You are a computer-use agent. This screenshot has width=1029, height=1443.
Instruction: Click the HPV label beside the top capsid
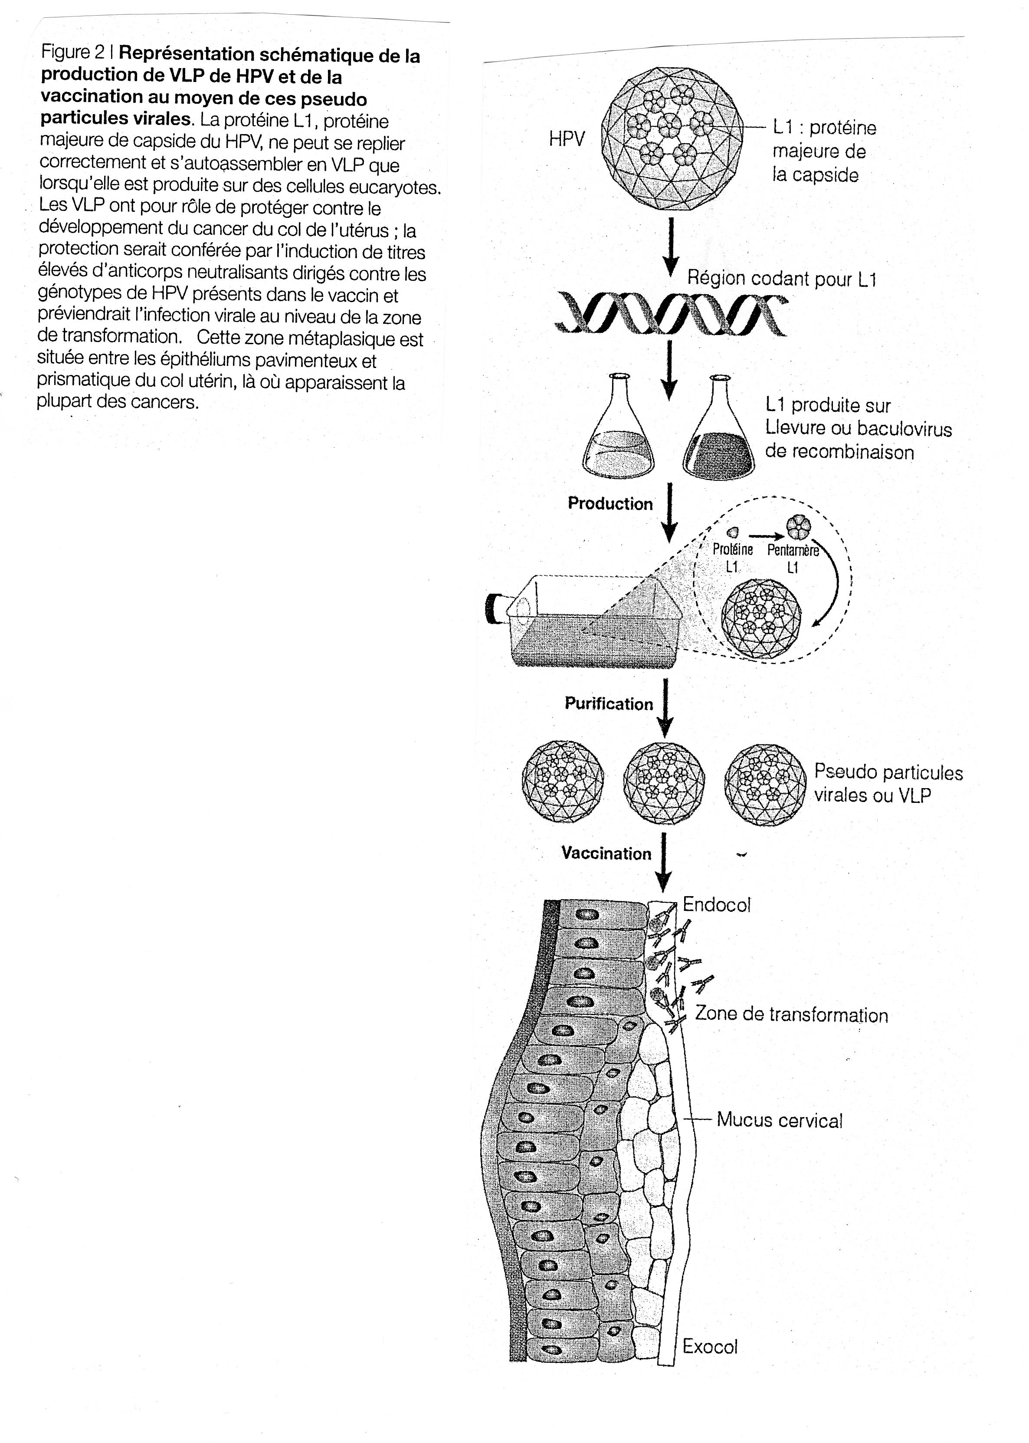(x=567, y=139)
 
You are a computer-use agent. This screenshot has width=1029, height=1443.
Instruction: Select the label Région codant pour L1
(x=782, y=279)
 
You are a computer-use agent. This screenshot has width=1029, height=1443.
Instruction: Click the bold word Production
(x=610, y=504)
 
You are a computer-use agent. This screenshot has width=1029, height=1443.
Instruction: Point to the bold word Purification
(x=609, y=704)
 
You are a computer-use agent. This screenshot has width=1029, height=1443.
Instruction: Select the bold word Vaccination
(x=606, y=854)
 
